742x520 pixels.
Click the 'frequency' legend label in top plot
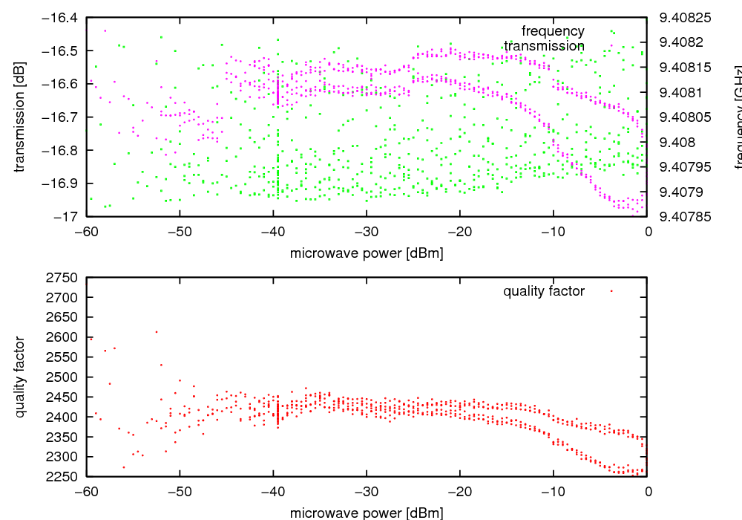coord(553,31)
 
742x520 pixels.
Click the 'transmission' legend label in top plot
coord(544,46)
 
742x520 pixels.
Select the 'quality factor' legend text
coord(544,291)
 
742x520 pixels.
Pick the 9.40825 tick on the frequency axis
coord(685,17)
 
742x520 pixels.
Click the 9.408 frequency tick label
coord(674,142)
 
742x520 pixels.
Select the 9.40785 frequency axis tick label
coord(685,216)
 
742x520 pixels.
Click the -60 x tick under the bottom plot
coord(87,491)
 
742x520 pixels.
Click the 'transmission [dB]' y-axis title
coord(20,117)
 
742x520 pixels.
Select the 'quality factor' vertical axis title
coord(20,377)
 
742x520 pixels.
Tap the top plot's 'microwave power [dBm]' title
coord(367,253)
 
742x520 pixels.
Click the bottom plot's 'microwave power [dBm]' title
coord(367,513)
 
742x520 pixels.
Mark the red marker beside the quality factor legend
coord(611,291)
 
